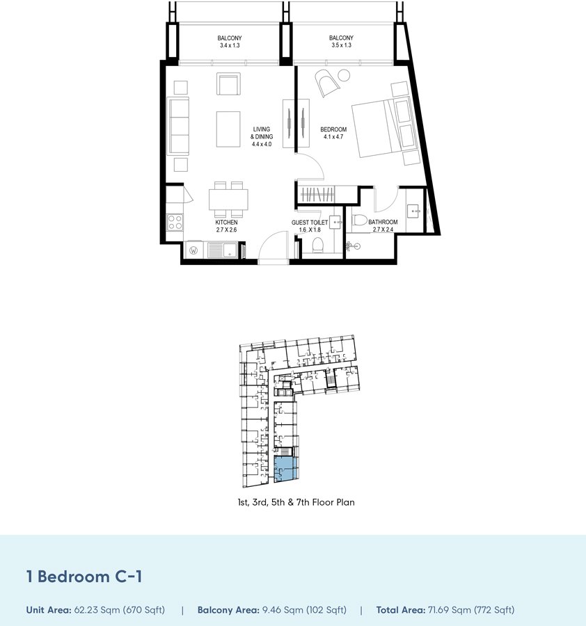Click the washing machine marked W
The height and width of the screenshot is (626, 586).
(193, 250)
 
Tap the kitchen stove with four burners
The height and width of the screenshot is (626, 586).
(175, 222)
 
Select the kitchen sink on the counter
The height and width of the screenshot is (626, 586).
(223, 250)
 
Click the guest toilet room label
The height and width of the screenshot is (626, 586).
(310, 223)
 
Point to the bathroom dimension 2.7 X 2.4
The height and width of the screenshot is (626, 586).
(383, 230)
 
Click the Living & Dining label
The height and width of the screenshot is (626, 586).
(262, 133)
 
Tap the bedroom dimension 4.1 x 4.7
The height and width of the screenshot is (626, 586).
(333, 137)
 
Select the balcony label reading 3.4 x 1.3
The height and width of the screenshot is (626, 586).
(230, 45)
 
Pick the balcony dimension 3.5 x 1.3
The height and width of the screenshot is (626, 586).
(341, 45)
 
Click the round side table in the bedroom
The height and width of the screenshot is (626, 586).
(344, 75)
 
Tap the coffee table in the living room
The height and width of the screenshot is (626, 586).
(228, 129)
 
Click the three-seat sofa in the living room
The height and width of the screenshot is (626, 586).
(178, 126)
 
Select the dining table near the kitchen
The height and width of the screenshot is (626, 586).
(228, 199)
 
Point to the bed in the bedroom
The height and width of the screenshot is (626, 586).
(386, 127)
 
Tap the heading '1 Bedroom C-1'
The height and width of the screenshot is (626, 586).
(84, 577)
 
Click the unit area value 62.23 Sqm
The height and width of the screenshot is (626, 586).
(96, 610)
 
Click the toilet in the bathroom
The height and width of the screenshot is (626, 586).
(360, 220)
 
